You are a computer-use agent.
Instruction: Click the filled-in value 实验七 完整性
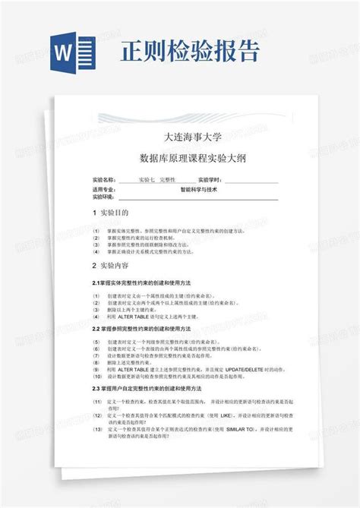tap(156, 180)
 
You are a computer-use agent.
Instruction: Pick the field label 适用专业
tap(103, 189)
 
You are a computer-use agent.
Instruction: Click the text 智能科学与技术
tap(198, 189)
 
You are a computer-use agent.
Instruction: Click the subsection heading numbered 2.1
tap(141, 283)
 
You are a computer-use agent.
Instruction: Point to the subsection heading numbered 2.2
tap(141, 329)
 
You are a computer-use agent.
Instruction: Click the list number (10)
tap(97, 377)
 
